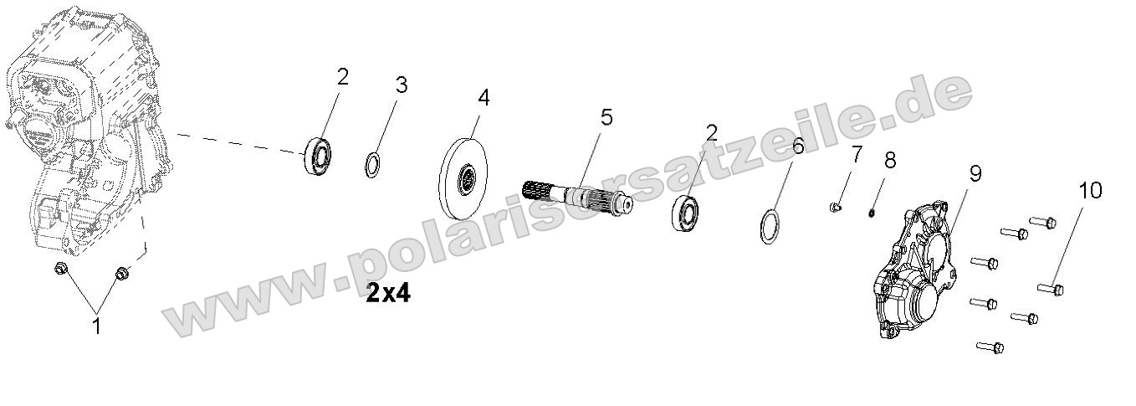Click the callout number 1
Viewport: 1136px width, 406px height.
pos(96,326)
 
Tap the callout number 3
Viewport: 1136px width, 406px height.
pos(402,85)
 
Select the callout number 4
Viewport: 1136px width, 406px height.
pos(484,97)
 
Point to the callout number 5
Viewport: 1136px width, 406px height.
pos(606,117)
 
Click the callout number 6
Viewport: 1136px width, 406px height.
pos(797,146)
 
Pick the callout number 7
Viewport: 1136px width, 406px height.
pos(857,154)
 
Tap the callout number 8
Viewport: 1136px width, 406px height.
pos(890,160)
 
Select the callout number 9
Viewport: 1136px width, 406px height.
pos(975,173)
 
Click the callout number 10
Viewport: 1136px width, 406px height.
pos(1090,191)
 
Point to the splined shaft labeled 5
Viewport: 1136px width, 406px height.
pos(577,198)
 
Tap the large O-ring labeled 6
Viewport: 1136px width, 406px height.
pos(771,227)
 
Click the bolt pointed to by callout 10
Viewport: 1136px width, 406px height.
pos(1051,289)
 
